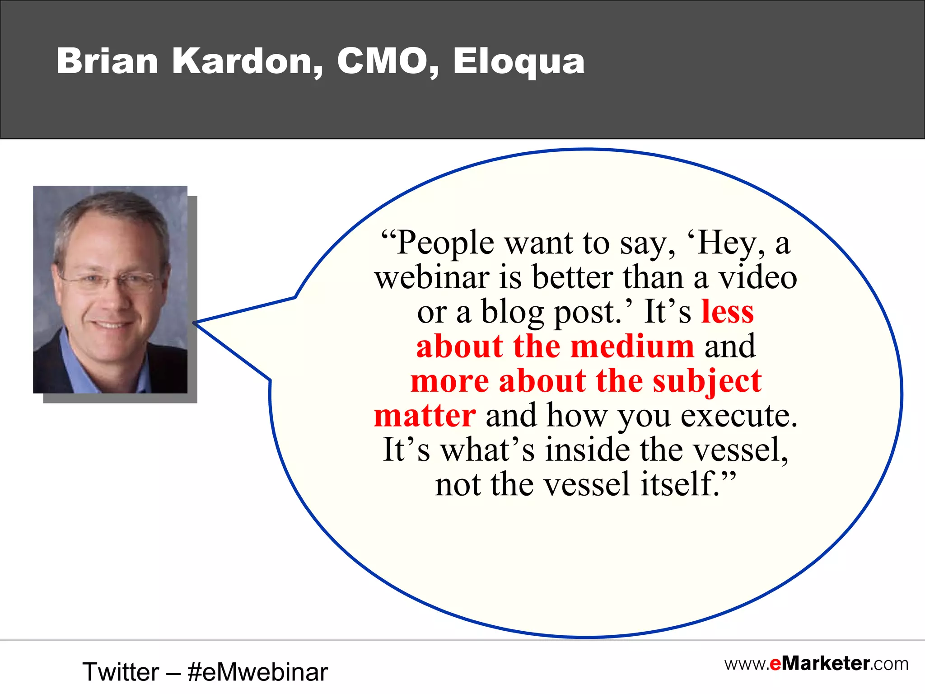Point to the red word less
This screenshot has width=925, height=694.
[x=727, y=312]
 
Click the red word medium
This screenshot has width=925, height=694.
[x=632, y=347]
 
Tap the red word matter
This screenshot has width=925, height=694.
[x=425, y=416]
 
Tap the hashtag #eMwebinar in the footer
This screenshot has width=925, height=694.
[x=257, y=672]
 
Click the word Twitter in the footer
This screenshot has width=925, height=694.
[x=121, y=672]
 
